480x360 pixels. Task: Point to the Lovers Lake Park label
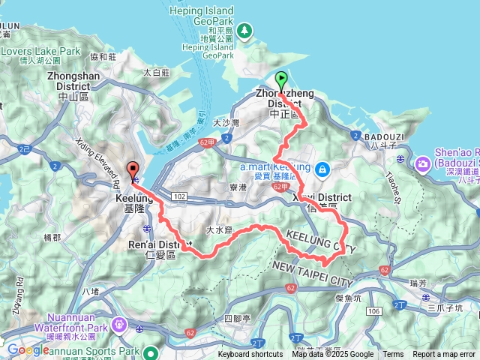[40, 51]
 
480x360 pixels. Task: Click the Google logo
[28, 349]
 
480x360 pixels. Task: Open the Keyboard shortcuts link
[250, 355]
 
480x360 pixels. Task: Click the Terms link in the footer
[393, 355]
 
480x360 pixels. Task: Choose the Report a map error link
[445, 355]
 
